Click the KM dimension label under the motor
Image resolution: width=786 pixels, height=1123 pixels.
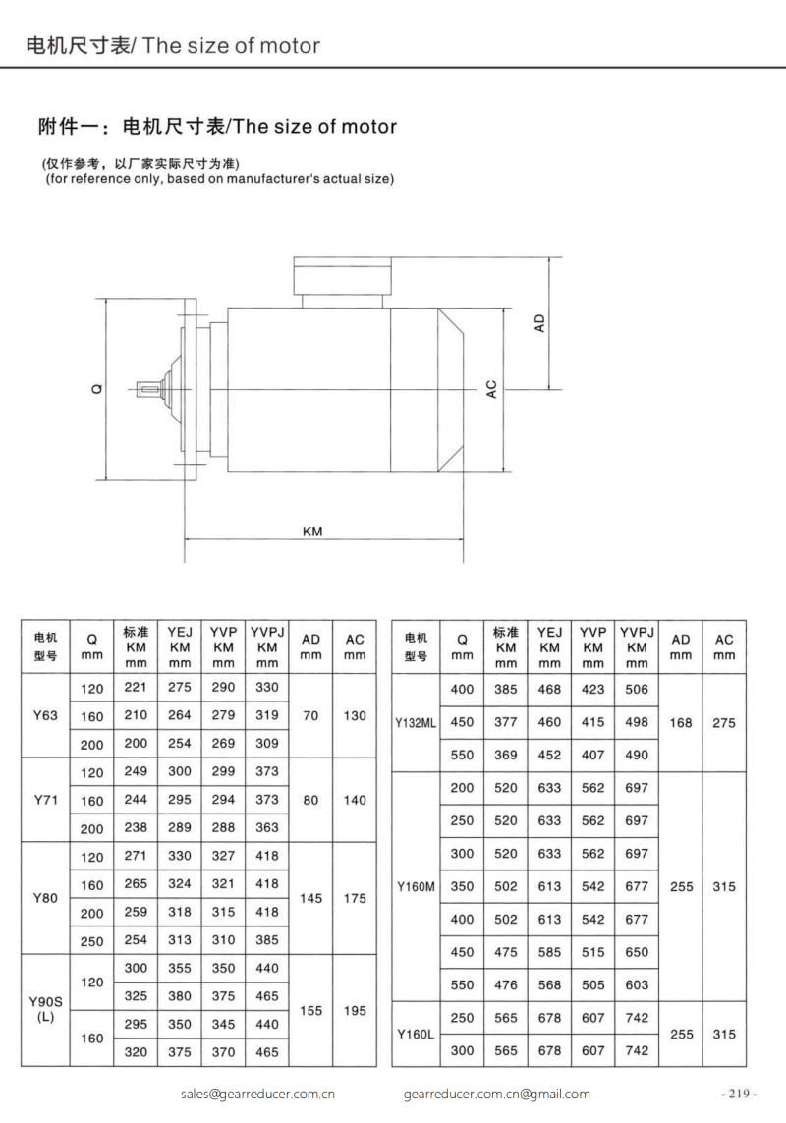coord(312,531)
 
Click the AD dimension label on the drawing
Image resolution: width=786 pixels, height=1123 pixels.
coord(539,323)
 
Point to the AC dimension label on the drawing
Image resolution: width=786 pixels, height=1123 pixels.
coord(491,389)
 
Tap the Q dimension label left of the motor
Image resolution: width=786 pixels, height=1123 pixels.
coord(96,389)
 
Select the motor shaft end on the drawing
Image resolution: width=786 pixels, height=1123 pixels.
coord(150,389)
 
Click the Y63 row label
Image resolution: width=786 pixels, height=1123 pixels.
coord(45,715)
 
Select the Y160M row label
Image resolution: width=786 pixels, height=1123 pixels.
coord(415,886)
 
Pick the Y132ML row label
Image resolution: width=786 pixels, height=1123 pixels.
coord(415,722)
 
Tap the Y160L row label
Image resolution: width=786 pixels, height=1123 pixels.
coord(415,1035)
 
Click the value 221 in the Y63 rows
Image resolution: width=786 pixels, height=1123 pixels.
coord(136,689)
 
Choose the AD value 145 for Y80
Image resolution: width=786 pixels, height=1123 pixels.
coord(310,898)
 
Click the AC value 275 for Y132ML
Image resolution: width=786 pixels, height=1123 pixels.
coord(724,722)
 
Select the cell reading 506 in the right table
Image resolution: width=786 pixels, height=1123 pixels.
coord(637,690)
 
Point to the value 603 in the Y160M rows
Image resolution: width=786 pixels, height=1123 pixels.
coord(637,984)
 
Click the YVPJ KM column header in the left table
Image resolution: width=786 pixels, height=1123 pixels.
coord(266,646)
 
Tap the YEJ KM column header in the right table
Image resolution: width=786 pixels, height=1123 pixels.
coord(550,646)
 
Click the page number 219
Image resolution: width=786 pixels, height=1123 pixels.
coord(739,1094)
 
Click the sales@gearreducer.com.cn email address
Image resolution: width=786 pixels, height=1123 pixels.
coord(259,1094)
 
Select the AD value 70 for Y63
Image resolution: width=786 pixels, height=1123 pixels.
coord(310,715)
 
